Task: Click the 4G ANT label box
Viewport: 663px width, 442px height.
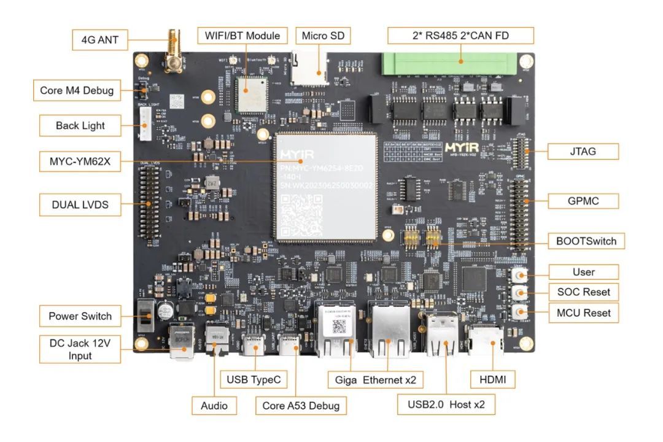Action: tap(100, 41)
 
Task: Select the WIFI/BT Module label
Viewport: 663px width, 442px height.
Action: tap(242, 36)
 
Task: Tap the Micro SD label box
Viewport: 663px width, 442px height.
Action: tap(322, 36)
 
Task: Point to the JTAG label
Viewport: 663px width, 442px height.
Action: tap(582, 151)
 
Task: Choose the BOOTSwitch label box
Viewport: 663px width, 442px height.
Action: tap(587, 241)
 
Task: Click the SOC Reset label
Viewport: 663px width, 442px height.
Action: tap(583, 292)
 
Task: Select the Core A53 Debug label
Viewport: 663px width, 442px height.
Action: tap(300, 405)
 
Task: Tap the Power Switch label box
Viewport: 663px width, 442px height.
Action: tap(80, 316)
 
